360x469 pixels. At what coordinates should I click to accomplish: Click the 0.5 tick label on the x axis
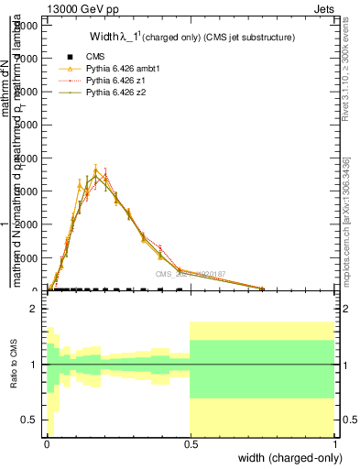[x=191, y=444]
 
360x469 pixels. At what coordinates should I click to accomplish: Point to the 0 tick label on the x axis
[x=47, y=444]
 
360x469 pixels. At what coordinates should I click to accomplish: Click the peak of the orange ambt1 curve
[x=95, y=169]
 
